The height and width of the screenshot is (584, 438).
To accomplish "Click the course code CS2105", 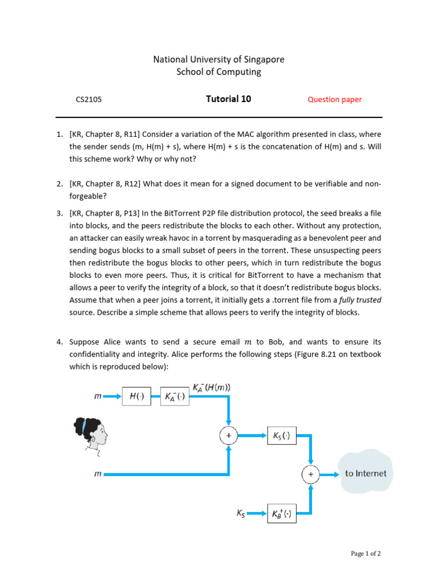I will [x=88, y=99].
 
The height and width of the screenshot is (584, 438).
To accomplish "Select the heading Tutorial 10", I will [x=228, y=99].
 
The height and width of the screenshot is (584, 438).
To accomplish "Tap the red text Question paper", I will [x=335, y=99].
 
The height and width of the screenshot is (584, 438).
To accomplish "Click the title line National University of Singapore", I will [x=219, y=59].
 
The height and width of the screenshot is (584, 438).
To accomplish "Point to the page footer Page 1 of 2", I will [x=366, y=553].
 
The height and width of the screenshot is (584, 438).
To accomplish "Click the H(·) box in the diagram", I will [x=136, y=397].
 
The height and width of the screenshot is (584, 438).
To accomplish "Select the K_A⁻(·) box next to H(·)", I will [x=175, y=397].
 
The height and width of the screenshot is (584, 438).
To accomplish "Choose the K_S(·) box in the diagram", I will [x=281, y=436].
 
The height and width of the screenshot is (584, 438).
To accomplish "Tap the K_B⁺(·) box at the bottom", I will [x=281, y=513].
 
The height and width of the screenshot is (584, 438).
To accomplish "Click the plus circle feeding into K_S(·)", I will [x=228, y=436].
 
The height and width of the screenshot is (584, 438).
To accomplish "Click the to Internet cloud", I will [x=366, y=473].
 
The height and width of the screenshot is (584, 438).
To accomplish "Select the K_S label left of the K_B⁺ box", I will [x=241, y=513].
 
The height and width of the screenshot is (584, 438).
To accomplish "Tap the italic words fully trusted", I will [x=360, y=299].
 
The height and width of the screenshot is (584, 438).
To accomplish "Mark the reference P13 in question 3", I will [x=129, y=213].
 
